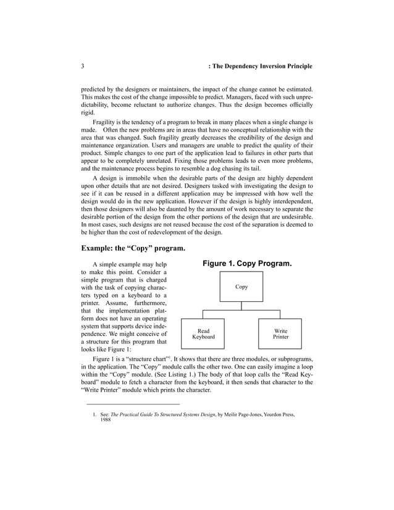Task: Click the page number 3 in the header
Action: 83,66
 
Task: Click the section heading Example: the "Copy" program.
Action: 133,249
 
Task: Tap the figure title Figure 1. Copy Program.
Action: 247,264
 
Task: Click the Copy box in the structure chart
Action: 241,287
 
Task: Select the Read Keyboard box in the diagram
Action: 203,334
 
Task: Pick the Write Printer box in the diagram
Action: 280,334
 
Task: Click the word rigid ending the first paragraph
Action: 88,113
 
